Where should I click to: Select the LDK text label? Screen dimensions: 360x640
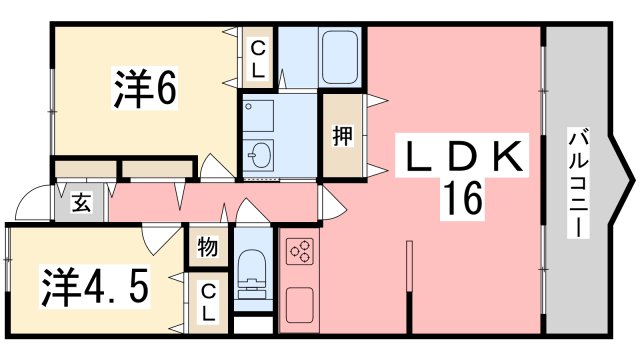[464, 158]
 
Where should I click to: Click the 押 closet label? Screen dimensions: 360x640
[342, 136]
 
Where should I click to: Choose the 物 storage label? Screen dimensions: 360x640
[207, 246]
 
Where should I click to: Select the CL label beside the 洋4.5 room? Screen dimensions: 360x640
[208, 300]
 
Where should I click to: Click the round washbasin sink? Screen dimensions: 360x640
[260, 155]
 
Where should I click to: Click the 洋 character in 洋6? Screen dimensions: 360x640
[127, 89]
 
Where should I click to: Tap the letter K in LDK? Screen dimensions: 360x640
[508, 158]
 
